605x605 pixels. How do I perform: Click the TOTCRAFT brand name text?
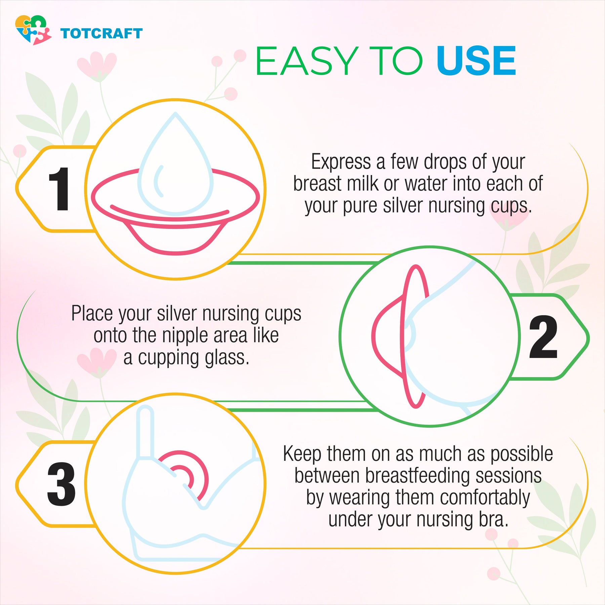click(102, 34)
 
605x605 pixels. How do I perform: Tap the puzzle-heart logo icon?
click(33, 30)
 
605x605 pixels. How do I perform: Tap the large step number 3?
click(61, 484)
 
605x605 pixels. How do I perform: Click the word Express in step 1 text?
click(341, 162)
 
